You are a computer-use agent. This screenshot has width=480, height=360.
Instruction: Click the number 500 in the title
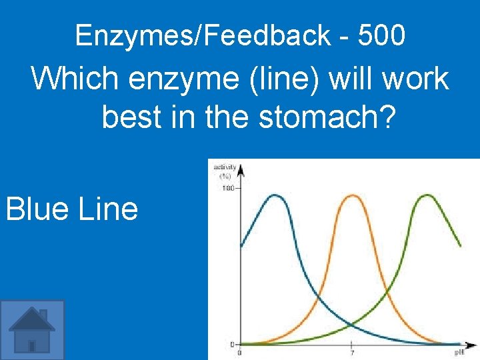pos(381,35)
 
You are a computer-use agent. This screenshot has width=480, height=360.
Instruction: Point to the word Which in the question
pos(73,79)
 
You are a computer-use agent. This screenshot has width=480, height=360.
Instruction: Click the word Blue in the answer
pos(38,209)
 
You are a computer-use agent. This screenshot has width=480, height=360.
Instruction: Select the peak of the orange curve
pos(351,195)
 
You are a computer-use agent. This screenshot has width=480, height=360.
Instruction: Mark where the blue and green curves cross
pos(351,325)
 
